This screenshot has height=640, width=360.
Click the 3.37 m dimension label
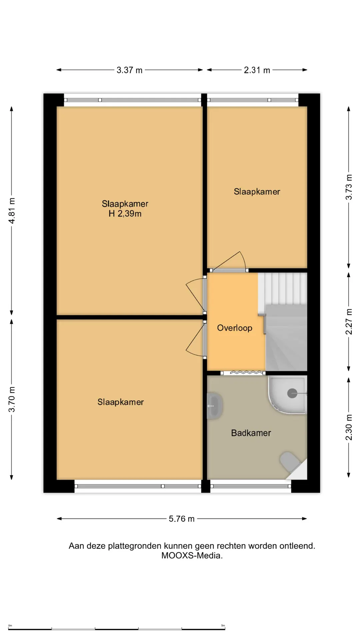tap(129, 70)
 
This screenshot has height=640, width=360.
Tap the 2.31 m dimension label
tap(257, 70)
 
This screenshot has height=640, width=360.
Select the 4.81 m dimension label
tap(12, 211)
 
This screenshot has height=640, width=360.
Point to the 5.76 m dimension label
tap(181, 519)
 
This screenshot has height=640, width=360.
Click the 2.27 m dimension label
tap(349, 322)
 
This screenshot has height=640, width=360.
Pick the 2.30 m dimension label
tap(349, 427)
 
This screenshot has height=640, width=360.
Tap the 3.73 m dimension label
tap(349, 187)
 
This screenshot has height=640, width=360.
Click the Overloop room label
tap(235, 328)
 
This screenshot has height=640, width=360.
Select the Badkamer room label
tap(251, 433)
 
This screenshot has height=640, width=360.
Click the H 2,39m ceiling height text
tap(125, 214)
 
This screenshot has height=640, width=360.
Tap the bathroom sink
tap(214, 406)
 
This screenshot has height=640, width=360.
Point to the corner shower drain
tap(292, 393)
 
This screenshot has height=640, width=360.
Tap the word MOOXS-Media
tap(192, 556)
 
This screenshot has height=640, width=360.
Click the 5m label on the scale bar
tap(223, 626)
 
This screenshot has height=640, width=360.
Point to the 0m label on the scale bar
tap(10, 626)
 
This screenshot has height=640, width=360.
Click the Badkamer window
tap(251, 486)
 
